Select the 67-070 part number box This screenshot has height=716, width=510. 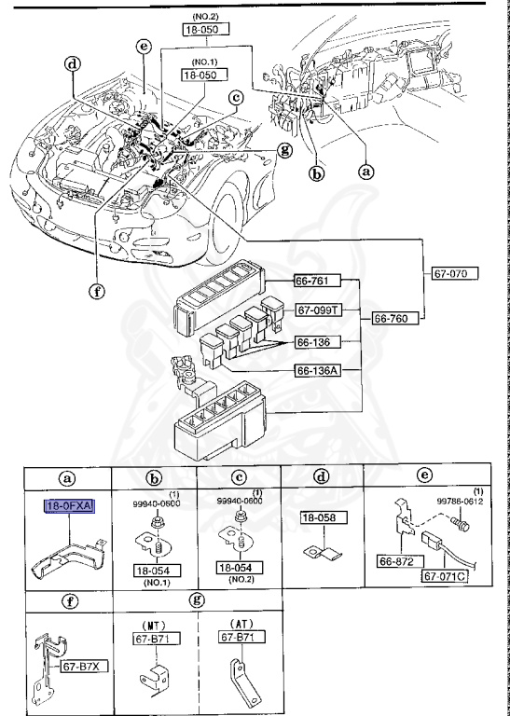click(x=455, y=274)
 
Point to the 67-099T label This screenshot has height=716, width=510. click(x=321, y=310)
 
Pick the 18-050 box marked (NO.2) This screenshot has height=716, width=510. click(x=204, y=30)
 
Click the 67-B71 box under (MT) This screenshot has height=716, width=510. click(x=147, y=638)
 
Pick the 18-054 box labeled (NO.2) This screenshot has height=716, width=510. click(x=240, y=567)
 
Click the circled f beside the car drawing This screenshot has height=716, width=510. click(x=95, y=289)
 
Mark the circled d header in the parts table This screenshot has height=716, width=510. click(x=322, y=477)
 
